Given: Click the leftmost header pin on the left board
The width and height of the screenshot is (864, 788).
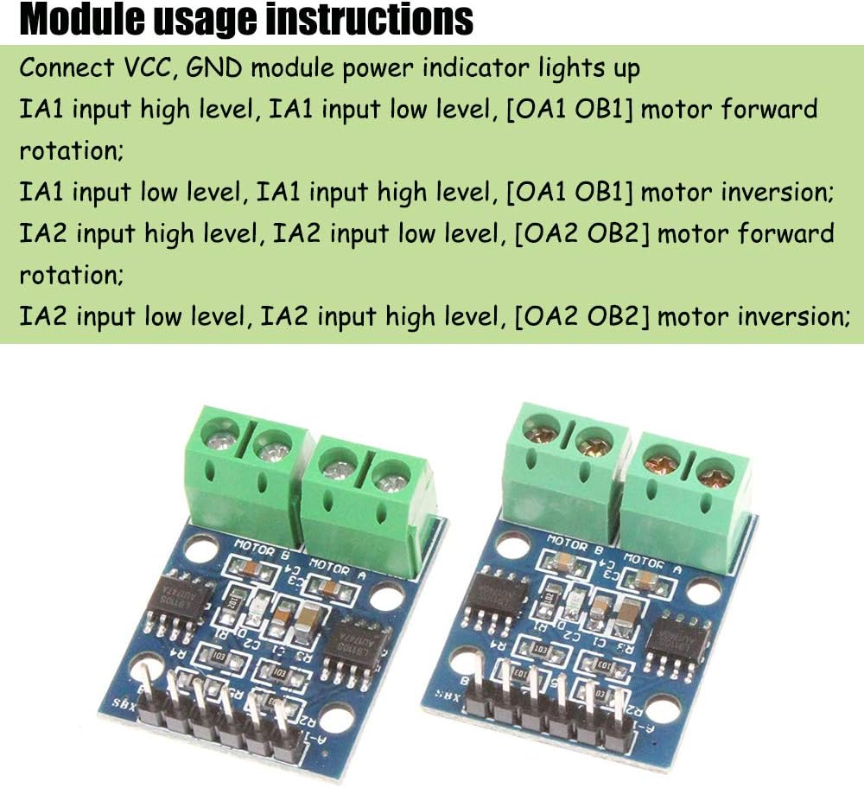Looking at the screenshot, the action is click(147, 683).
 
